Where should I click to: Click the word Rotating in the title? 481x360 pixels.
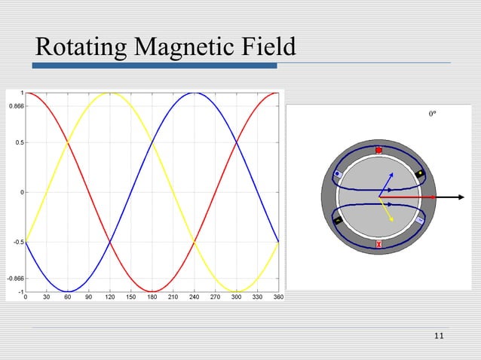tap(81, 48)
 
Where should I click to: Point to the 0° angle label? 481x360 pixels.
tap(433, 114)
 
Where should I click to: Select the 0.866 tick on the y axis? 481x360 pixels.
tap(15, 107)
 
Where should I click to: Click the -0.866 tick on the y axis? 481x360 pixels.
tap(14, 279)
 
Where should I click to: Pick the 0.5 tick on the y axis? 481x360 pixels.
tap(18, 142)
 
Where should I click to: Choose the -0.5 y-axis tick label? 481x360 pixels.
tap(17, 243)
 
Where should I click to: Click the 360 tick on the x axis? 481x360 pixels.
tap(277, 297)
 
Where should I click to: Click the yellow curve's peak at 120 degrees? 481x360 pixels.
tap(111, 93)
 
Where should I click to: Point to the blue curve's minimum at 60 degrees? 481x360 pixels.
tap(69, 291)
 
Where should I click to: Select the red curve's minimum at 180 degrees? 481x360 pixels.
tap(153, 291)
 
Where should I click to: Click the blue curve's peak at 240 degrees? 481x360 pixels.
tap(195, 93)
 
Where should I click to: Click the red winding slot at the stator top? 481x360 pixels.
tap(378, 151)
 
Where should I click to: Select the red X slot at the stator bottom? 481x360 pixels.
tap(378, 245)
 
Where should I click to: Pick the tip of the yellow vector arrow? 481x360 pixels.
tap(393, 221)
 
